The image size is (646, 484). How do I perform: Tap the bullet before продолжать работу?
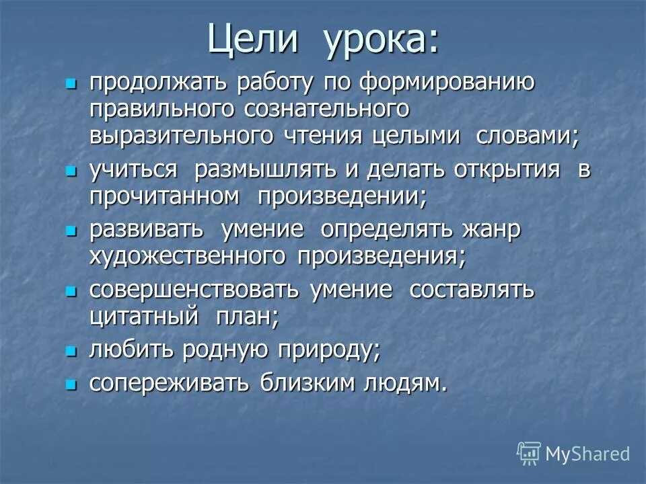click(69, 84)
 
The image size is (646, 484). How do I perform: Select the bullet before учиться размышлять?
click(69, 171)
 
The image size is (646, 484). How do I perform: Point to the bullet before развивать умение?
click(69, 231)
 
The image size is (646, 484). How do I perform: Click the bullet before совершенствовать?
click(69, 292)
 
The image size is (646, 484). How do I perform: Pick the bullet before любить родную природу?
click(69, 351)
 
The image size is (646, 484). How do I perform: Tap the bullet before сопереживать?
click(69, 385)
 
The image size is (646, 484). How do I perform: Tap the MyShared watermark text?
click(587, 454)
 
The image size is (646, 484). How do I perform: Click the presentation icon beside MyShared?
click(529, 454)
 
